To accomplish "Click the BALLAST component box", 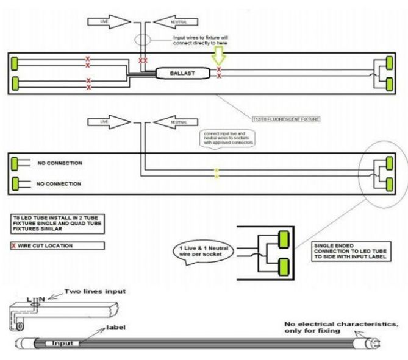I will [181, 72].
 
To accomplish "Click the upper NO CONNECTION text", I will [59, 163].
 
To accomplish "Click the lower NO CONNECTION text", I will [59, 183].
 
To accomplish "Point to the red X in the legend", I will [14, 245].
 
